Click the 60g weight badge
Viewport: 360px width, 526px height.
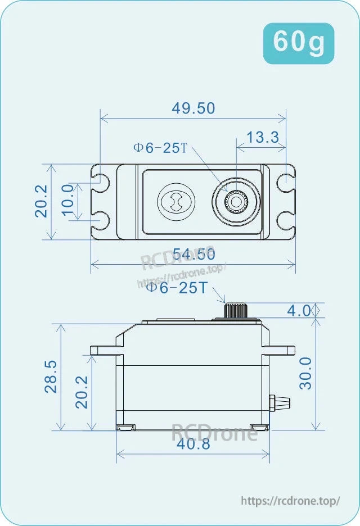(299, 43)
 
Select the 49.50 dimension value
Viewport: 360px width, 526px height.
(193, 108)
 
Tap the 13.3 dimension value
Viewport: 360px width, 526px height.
(263, 137)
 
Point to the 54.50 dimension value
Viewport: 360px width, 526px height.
(193, 254)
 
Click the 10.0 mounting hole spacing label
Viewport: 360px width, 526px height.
(68, 201)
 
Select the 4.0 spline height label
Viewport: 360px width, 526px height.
(299, 310)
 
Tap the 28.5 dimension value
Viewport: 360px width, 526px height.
(50, 377)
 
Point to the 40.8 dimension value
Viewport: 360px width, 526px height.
(193, 445)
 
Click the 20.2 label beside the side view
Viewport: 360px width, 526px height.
(81, 392)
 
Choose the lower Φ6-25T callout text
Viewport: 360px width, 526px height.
(177, 288)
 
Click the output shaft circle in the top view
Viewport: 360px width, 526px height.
(236, 201)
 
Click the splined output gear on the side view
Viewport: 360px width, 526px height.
(232, 310)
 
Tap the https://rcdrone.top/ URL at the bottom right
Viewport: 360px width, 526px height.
(290, 501)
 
